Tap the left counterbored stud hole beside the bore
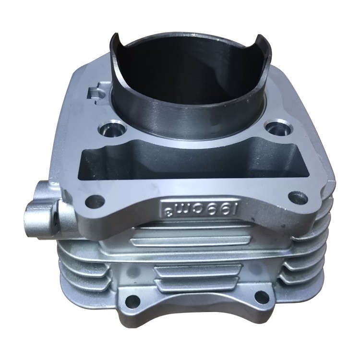click(113, 130)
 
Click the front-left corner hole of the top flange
click(95, 202)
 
